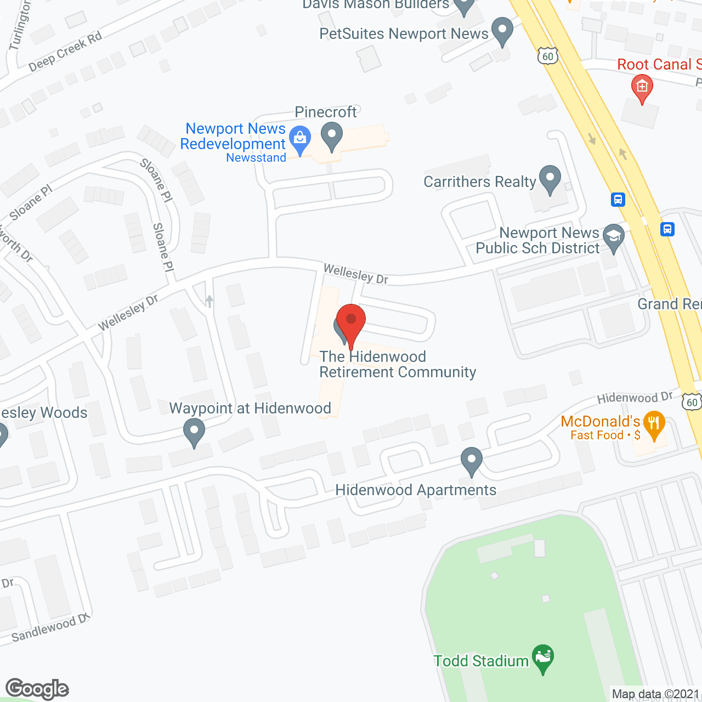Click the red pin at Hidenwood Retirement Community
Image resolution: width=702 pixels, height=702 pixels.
351,321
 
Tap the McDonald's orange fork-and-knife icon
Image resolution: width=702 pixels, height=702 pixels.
654,424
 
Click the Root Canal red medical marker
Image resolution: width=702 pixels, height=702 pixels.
642,88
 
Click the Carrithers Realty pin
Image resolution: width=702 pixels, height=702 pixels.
550,179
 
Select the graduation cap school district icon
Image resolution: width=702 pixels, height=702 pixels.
613,237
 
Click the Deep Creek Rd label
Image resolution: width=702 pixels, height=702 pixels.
65,52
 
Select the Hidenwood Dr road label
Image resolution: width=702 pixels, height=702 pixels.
635,398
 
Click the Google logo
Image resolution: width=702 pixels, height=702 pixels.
37,688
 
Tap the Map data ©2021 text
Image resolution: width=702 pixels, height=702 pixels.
656,694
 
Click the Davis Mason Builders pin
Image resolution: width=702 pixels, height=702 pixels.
465,7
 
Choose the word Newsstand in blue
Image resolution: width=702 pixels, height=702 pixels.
256,158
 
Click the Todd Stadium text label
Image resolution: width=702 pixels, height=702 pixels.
480,661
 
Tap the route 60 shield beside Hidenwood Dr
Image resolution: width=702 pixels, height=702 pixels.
692,402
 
